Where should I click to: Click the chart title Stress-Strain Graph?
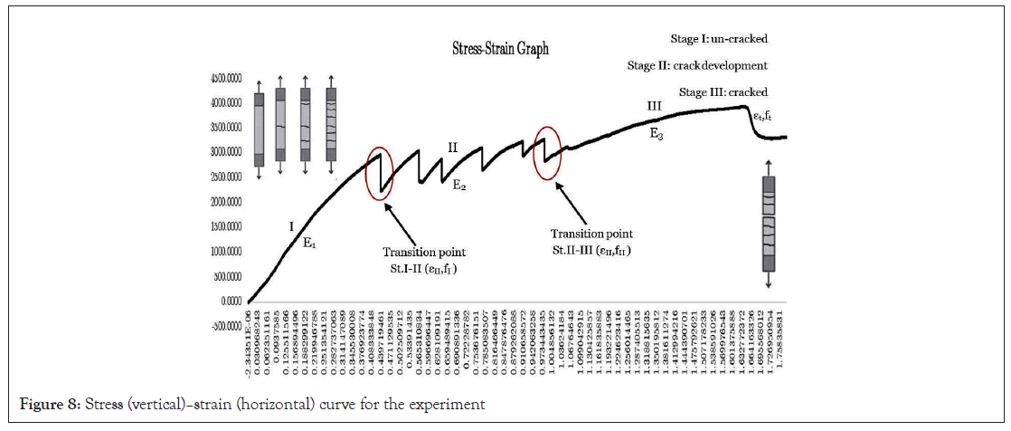[500, 49]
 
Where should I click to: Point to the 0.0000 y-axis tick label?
[223, 301]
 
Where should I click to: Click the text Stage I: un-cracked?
[718, 39]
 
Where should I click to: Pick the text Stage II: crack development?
[696, 65]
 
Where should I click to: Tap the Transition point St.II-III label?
[592, 242]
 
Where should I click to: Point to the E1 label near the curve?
[309, 243]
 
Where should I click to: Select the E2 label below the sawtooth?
[459, 186]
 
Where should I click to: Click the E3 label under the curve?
[657, 135]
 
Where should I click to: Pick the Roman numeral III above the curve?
[655, 107]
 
